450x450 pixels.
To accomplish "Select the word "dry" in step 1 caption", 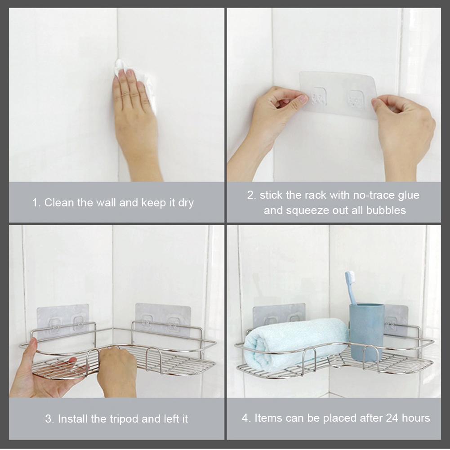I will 186,203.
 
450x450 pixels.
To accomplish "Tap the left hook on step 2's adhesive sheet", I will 319,97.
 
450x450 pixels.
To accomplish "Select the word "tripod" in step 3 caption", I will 121,419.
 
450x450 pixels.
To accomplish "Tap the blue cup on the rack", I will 366,330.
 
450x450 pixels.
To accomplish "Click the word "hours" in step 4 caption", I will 416,418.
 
